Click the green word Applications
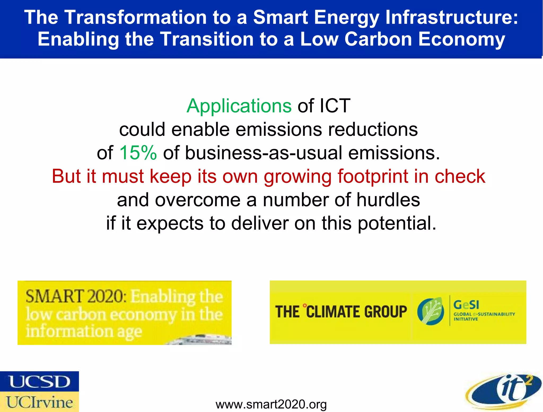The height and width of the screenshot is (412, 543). pyautogui.click(x=239, y=106)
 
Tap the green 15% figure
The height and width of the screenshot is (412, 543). pyautogui.click(x=138, y=153)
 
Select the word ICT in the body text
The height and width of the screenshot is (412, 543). pyautogui.click(x=335, y=106)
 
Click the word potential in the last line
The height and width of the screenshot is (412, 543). pyautogui.click(x=397, y=223)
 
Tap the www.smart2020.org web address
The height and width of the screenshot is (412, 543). pyautogui.click(x=271, y=404)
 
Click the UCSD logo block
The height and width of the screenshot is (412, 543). pyautogui.click(x=39, y=381)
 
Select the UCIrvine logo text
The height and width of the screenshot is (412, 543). pyautogui.click(x=39, y=402)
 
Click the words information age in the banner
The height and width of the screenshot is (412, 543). pyautogui.click(x=84, y=332)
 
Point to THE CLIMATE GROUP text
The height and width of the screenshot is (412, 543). pyautogui.click(x=341, y=312)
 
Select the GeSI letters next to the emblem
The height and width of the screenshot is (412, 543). pyautogui.click(x=466, y=305)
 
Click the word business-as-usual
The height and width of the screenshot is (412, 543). pyautogui.click(x=264, y=153)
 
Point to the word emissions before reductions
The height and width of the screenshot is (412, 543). pyautogui.click(x=279, y=130)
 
